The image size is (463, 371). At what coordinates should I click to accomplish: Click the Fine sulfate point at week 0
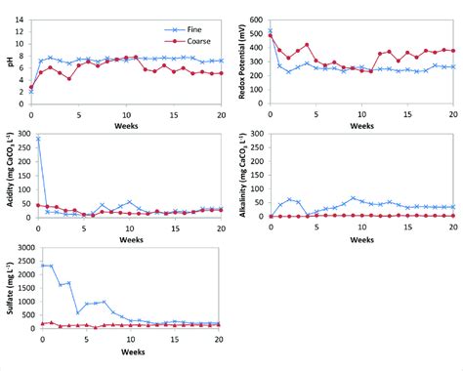click(x=42, y=265)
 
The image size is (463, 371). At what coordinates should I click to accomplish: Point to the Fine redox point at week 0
click(x=270, y=31)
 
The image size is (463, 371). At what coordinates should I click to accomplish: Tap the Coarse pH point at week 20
click(x=220, y=73)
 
